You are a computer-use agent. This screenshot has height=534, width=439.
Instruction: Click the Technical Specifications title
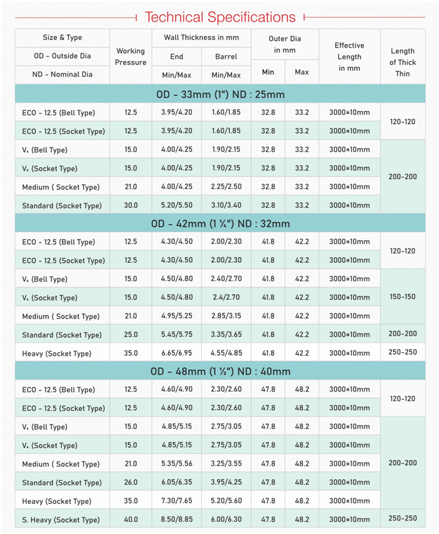click(219, 17)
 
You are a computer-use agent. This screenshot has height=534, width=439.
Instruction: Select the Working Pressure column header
click(130, 56)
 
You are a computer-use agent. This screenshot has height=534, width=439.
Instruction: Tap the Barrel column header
click(226, 56)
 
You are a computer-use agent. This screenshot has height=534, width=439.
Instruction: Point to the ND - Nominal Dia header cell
click(62, 75)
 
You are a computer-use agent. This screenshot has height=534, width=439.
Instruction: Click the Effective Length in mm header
click(349, 56)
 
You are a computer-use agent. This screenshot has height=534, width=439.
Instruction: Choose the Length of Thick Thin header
click(402, 62)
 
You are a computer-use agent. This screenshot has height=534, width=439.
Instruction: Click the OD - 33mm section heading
click(219, 95)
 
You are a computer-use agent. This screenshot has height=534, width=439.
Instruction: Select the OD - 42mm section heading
click(219, 224)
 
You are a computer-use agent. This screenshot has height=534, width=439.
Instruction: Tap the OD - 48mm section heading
click(219, 372)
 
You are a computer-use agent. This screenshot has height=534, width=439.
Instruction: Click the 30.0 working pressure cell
click(130, 206)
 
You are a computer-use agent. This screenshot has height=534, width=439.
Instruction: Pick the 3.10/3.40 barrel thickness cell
click(226, 206)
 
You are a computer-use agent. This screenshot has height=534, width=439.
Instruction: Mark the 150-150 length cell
click(402, 297)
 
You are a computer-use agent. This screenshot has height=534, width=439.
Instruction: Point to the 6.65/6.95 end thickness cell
click(176, 353)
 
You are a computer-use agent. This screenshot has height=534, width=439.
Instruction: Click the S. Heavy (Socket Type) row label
click(60, 520)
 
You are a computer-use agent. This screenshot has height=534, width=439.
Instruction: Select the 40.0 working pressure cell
click(130, 520)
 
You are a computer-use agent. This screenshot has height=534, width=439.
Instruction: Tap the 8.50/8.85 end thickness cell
click(176, 520)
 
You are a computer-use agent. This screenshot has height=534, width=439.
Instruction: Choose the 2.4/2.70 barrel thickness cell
click(226, 298)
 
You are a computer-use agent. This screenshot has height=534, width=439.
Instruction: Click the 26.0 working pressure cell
click(130, 483)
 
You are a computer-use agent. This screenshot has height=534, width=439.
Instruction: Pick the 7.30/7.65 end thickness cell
click(176, 501)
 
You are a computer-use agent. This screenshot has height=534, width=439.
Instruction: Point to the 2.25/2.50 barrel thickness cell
click(226, 187)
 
